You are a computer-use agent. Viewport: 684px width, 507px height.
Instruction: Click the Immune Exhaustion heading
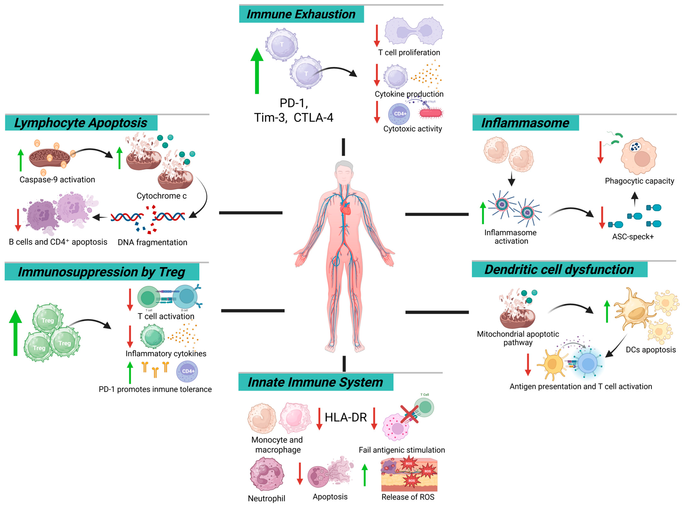[301, 14]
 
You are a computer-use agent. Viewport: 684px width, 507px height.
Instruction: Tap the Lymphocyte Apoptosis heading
[81, 123]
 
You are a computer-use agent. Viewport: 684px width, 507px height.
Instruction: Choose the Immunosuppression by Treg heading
[101, 272]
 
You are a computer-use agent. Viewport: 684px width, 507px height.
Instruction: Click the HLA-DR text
[346, 417]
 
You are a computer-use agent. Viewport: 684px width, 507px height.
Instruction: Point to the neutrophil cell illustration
[266, 474]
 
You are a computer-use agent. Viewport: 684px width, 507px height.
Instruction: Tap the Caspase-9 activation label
[57, 180]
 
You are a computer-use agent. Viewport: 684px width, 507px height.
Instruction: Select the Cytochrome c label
[161, 196]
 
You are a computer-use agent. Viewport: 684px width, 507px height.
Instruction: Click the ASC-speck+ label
[633, 237]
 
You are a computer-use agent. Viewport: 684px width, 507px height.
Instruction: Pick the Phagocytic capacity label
[639, 181]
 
